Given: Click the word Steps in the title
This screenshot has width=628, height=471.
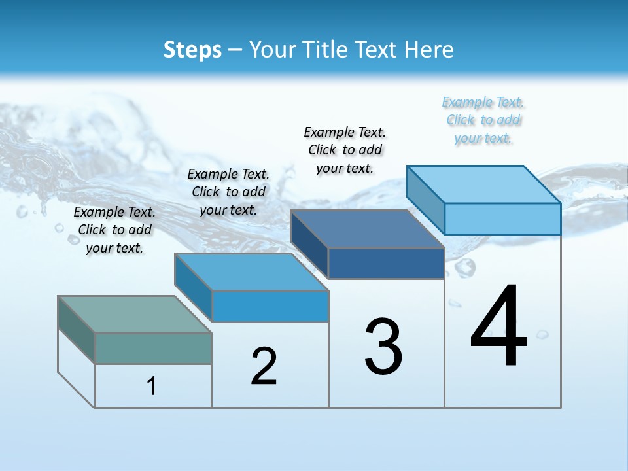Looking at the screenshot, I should [x=192, y=50].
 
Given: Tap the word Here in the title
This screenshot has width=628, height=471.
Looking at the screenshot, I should [x=429, y=50].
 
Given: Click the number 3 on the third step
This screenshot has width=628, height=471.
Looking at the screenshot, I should [x=383, y=347].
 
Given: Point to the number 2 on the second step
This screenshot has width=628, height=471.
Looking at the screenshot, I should [x=264, y=366].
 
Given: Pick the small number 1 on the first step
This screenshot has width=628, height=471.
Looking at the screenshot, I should [x=152, y=386].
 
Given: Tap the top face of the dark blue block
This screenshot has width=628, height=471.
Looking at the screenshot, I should [x=366, y=229].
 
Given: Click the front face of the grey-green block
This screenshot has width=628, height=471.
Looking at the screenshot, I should [x=153, y=348].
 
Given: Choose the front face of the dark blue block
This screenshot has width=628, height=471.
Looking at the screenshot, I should [x=386, y=264].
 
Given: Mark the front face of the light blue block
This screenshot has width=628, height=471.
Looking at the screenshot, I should [x=502, y=218].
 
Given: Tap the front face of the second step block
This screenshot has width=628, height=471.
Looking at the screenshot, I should [x=270, y=306].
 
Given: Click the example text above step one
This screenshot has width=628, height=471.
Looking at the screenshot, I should [x=114, y=230].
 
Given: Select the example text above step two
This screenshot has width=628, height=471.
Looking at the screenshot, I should [x=228, y=192].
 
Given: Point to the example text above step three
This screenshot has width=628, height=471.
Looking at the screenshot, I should [x=345, y=150].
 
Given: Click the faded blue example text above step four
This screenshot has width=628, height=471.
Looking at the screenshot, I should [x=483, y=120].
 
